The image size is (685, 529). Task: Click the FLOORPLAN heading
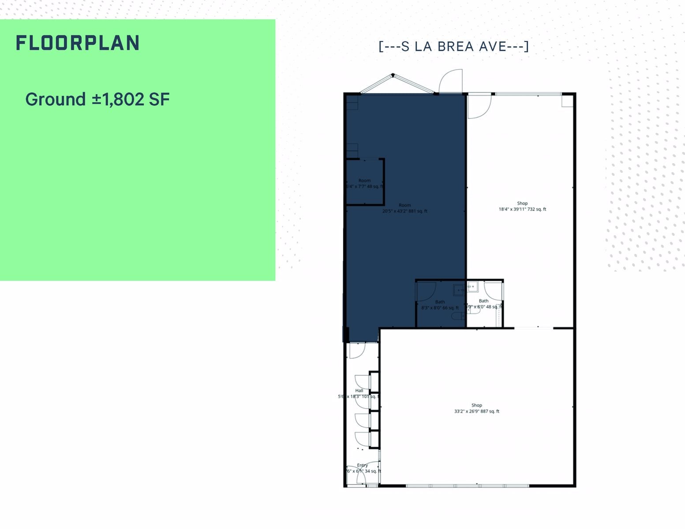point(78,43)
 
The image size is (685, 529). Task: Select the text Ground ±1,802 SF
point(97,99)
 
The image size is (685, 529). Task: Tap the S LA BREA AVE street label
point(453,46)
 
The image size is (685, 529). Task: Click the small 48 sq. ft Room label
point(364,183)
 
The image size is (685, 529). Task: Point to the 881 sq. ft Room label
point(404,208)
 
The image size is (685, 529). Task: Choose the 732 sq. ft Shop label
point(522,206)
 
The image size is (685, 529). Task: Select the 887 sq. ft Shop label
point(477,408)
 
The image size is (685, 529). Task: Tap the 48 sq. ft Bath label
point(484,304)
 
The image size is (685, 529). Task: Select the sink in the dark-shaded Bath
point(459,290)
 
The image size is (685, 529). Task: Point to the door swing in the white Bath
point(493,292)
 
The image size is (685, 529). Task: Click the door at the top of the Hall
point(356,350)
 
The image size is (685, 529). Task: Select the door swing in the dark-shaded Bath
point(426,292)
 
